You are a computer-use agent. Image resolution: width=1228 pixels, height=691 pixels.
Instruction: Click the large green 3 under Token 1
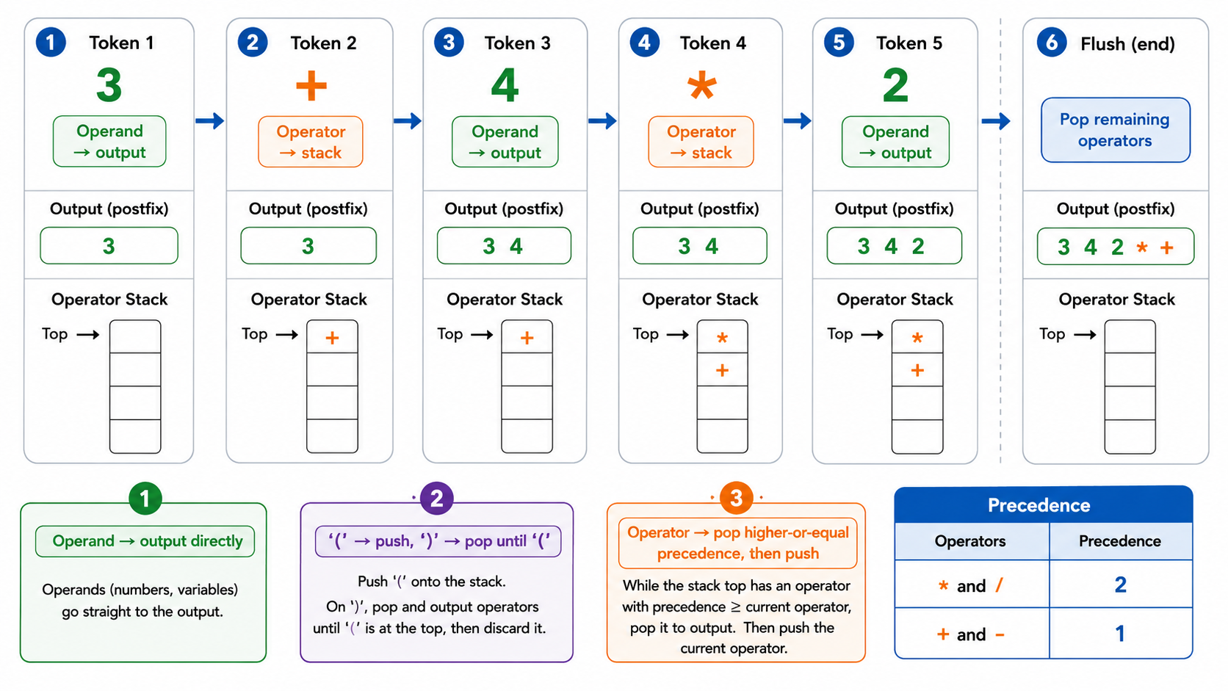[109, 85]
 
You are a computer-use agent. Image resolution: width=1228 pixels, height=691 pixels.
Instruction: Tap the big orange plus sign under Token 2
[311, 85]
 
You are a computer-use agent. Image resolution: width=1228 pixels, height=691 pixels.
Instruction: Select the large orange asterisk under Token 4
[701, 87]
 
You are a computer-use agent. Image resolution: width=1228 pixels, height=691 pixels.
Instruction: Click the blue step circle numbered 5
[839, 42]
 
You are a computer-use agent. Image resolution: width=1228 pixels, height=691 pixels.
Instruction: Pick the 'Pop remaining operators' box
[1116, 130]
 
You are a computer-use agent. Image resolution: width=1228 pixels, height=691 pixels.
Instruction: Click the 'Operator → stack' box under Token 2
[310, 142]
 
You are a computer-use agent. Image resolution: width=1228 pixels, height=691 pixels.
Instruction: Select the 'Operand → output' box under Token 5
[895, 142]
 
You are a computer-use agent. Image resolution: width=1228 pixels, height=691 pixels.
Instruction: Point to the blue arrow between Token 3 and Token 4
[602, 120]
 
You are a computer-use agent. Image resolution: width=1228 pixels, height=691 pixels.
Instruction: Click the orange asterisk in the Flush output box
[1142, 247]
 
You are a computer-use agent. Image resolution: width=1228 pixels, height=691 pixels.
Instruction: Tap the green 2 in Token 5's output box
[918, 246]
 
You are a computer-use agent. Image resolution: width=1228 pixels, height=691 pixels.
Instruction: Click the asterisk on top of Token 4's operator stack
[722, 338]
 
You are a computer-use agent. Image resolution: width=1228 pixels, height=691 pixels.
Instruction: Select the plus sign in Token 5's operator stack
[917, 370]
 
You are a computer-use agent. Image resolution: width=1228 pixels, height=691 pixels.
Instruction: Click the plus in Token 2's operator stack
[332, 338]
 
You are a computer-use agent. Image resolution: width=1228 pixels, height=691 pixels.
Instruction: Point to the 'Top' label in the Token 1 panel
[55, 333]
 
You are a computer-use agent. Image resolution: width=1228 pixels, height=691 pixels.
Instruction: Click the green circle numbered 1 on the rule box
[145, 499]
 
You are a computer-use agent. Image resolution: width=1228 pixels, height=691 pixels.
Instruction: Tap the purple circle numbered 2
[436, 499]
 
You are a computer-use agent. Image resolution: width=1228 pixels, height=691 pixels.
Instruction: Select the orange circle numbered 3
[736, 499]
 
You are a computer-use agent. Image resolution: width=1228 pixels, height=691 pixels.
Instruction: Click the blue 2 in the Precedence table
[1120, 585]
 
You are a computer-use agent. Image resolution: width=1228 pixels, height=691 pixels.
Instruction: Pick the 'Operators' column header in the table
[969, 541]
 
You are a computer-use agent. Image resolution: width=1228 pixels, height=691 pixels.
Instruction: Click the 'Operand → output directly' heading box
[145, 541]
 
